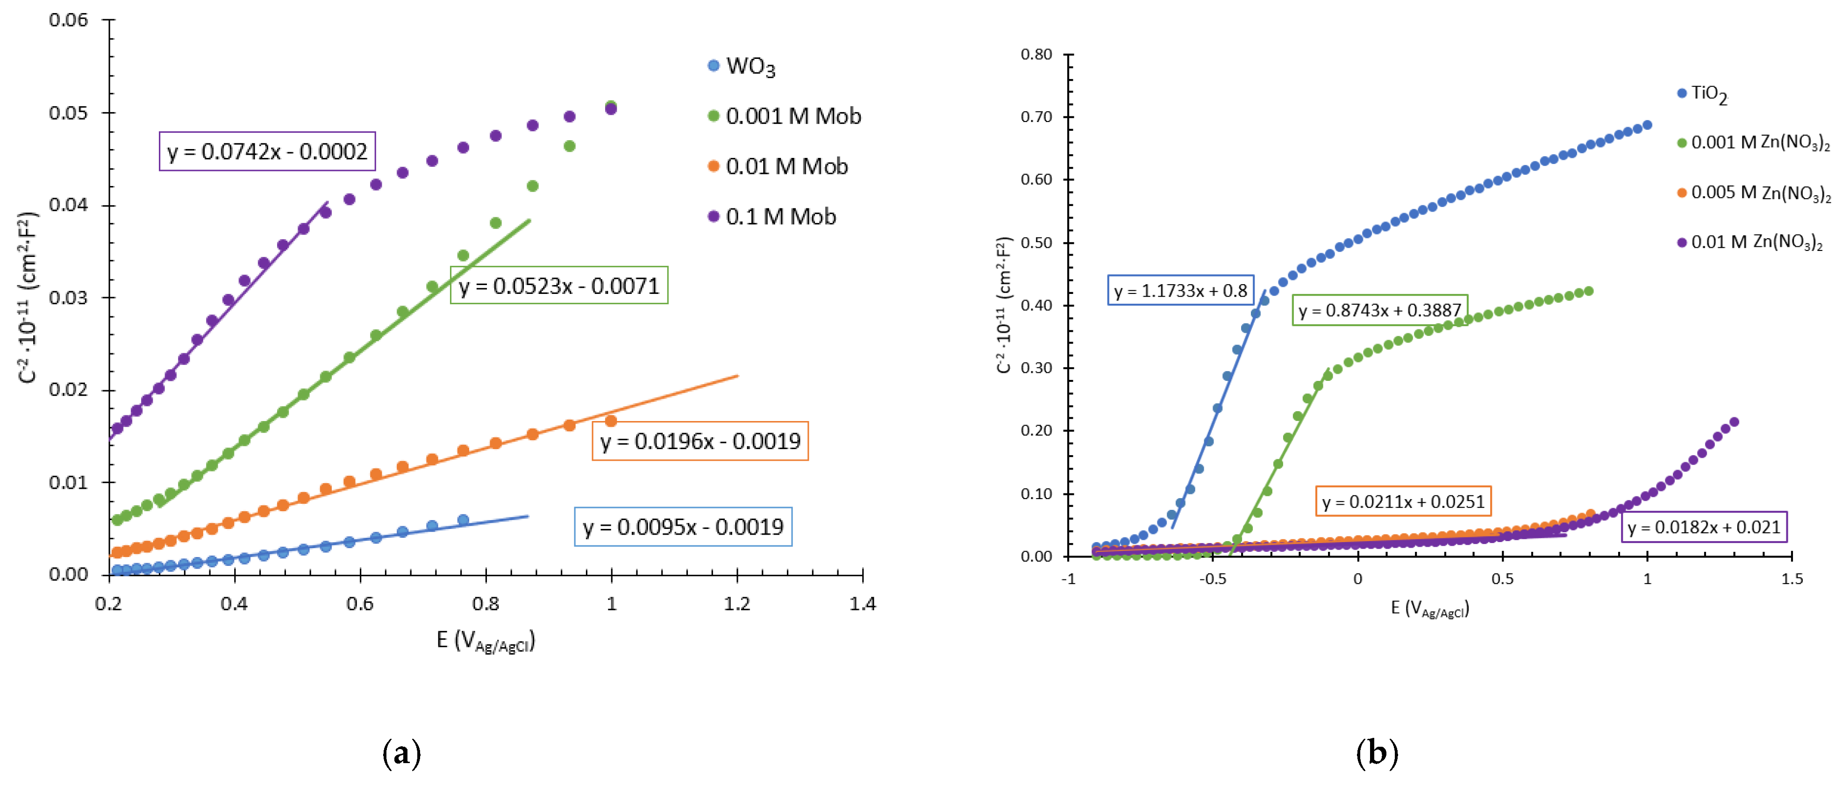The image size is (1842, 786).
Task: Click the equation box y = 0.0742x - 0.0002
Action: [267, 151]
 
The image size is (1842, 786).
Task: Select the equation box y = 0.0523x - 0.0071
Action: [558, 286]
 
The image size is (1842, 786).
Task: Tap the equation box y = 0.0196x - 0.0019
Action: [700, 441]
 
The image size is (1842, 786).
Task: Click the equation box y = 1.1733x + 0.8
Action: [1180, 290]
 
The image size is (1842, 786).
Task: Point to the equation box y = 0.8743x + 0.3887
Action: [1379, 310]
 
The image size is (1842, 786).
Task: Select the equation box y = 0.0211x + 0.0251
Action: [1403, 501]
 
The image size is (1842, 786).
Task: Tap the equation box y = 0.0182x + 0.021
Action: [1703, 527]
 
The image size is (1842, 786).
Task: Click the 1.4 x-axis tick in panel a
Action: [863, 604]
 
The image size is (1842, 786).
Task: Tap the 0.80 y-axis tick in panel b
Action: [1036, 54]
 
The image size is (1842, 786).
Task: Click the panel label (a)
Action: [402, 753]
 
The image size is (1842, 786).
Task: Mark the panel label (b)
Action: [1377, 753]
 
